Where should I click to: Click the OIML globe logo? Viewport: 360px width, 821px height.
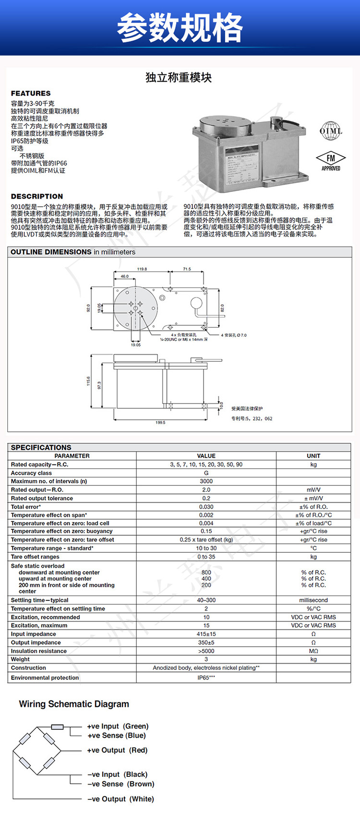[x=331, y=131]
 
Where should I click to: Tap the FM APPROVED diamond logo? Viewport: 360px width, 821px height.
[x=331, y=161]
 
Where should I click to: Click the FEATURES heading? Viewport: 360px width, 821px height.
[x=31, y=93]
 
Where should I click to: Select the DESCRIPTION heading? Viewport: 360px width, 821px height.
[x=37, y=196]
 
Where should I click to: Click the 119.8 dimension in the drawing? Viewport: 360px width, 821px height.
[x=142, y=269]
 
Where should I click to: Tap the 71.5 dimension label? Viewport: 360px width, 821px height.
[x=186, y=269]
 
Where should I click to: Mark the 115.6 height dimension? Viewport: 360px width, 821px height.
[x=88, y=382]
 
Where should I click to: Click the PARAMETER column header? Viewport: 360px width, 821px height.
[x=72, y=456]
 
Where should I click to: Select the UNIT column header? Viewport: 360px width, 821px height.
[x=313, y=456]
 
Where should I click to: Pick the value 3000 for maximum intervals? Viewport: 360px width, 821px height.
[x=206, y=481]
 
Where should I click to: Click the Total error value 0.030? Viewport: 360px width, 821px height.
[x=206, y=507]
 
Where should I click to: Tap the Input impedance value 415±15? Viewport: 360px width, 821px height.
[x=206, y=634]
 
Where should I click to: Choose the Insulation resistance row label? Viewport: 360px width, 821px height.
[x=39, y=651]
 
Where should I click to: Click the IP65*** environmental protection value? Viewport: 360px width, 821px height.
[x=206, y=678]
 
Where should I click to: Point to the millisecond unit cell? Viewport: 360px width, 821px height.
[x=313, y=600]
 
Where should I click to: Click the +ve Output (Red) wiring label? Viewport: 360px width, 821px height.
[x=117, y=750]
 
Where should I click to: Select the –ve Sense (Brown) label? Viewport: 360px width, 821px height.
[x=120, y=784]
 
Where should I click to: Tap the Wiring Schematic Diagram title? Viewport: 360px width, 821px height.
[x=74, y=704]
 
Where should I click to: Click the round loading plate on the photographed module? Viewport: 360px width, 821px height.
[x=223, y=123]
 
